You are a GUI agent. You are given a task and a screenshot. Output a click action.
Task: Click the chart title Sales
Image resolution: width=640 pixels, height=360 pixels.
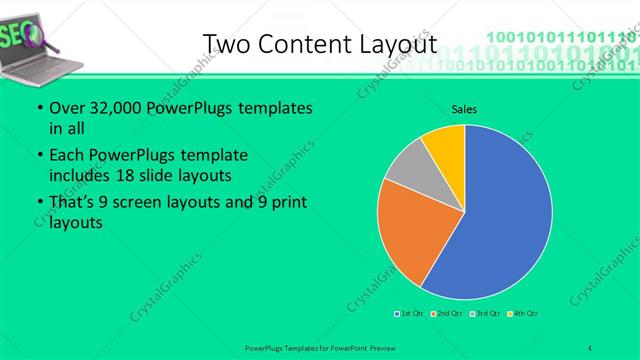point(464,108)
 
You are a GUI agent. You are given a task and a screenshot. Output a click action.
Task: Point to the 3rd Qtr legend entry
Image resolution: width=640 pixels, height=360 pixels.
point(484,314)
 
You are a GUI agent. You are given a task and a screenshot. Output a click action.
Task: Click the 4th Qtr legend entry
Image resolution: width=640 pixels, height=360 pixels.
point(523,314)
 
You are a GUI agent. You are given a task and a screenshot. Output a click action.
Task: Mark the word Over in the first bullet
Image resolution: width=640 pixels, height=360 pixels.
point(65,108)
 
